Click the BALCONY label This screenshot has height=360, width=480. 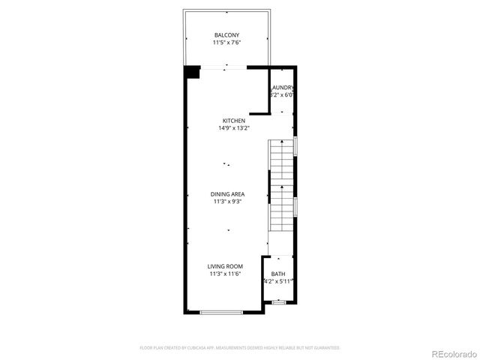click(x=227, y=35)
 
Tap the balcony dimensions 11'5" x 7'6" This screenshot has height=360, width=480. click(x=227, y=43)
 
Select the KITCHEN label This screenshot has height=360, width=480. click(x=233, y=121)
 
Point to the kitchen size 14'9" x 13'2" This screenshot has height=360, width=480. click(x=233, y=128)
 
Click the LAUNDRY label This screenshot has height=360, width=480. click(x=282, y=88)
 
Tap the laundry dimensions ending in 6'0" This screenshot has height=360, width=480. click(x=282, y=95)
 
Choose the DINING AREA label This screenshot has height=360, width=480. click(x=228, y=194)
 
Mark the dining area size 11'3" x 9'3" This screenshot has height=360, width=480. click(x=228, y=202)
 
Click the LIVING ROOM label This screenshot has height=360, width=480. click(x=225, y=266)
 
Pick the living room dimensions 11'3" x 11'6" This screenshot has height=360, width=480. click(x=225, y=274)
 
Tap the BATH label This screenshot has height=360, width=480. click(x=278, y=274)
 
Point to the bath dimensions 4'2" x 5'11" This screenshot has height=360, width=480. click(x=278, y=282)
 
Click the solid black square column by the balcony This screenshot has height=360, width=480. click(x=192, y=71)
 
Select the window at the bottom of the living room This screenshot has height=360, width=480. click(x=221, y=312)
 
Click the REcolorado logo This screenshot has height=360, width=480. click(x=452, y=353)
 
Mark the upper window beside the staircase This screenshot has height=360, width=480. click(x=297, y=145)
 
